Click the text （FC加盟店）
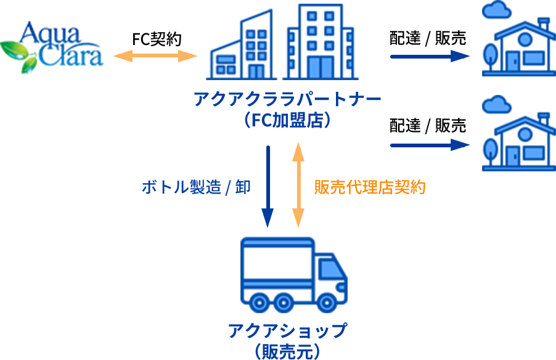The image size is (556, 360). point(287,120)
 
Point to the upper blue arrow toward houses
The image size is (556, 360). point(430,56)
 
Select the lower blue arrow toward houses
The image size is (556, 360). point(430,145)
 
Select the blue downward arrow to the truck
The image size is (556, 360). point(268,186)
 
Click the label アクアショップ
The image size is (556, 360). point(287,331)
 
